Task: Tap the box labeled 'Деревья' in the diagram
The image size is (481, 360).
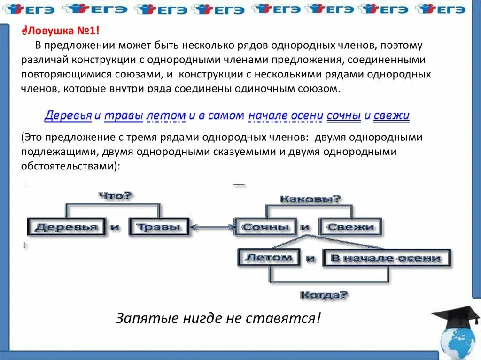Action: tap(67, 227)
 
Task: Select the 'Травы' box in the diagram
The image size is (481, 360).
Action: tap(158, 227)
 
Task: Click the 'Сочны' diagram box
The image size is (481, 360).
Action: tap(265, 227)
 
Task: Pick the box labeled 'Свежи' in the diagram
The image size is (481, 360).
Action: tap(351, 227)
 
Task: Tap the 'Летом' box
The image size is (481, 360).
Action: tap(269, 257)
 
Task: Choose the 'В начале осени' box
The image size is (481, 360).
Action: tap(386, 258)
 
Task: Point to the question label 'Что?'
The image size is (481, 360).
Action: tap(116, 196)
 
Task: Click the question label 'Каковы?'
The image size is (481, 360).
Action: tap(310, 199)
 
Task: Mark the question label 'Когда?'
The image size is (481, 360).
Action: tap(324, 295)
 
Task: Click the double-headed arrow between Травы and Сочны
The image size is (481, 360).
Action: tap(212, 228)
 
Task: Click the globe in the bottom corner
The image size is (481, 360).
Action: tap(458, 342)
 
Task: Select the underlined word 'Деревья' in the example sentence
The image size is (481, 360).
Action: tap(68, 115)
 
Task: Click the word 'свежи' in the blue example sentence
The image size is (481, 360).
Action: tap(391, 115)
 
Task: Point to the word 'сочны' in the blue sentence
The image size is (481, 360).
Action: tap(343, 115)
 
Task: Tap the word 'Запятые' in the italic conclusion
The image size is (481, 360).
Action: tap(140, 318)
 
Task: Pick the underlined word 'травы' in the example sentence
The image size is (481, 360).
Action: tap(123, 115)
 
